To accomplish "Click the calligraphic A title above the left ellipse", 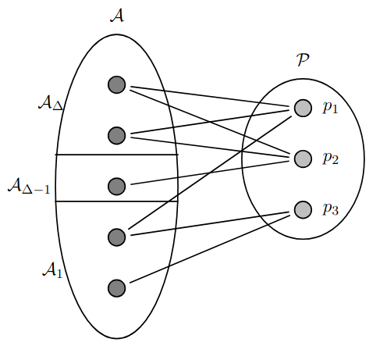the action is (x=117, y=16).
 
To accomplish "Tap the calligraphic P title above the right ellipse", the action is (x=303, y=60).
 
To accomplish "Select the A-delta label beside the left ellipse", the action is (x=51, y=103).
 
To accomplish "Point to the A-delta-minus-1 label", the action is (x=29, y=186).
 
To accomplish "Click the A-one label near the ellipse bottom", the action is (x=52, y=270).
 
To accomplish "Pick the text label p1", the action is (x=330, y=107).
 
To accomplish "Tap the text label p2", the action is (x=331, y=158).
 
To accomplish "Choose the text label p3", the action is (x=331, y=209).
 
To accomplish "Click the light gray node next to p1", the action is (x=303, y=108).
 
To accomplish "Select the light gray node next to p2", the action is (x=303, y=159).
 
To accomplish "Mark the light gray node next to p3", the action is (x=303, y=210).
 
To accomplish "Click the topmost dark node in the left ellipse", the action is (x=117, y=85).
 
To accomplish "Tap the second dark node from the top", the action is (x=117, y=136).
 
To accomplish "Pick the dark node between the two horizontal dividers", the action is (x=117, y=187).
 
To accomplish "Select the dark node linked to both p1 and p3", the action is (x=117, y=237).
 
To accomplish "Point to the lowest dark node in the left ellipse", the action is (x=117, y=288).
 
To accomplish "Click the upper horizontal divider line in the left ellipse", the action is (x=117, y=155).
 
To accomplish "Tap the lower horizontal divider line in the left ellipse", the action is (x=117, y=201).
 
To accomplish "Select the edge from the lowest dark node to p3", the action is (x=210, y=249).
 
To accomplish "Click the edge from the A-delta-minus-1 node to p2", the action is (x=210, y=173).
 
